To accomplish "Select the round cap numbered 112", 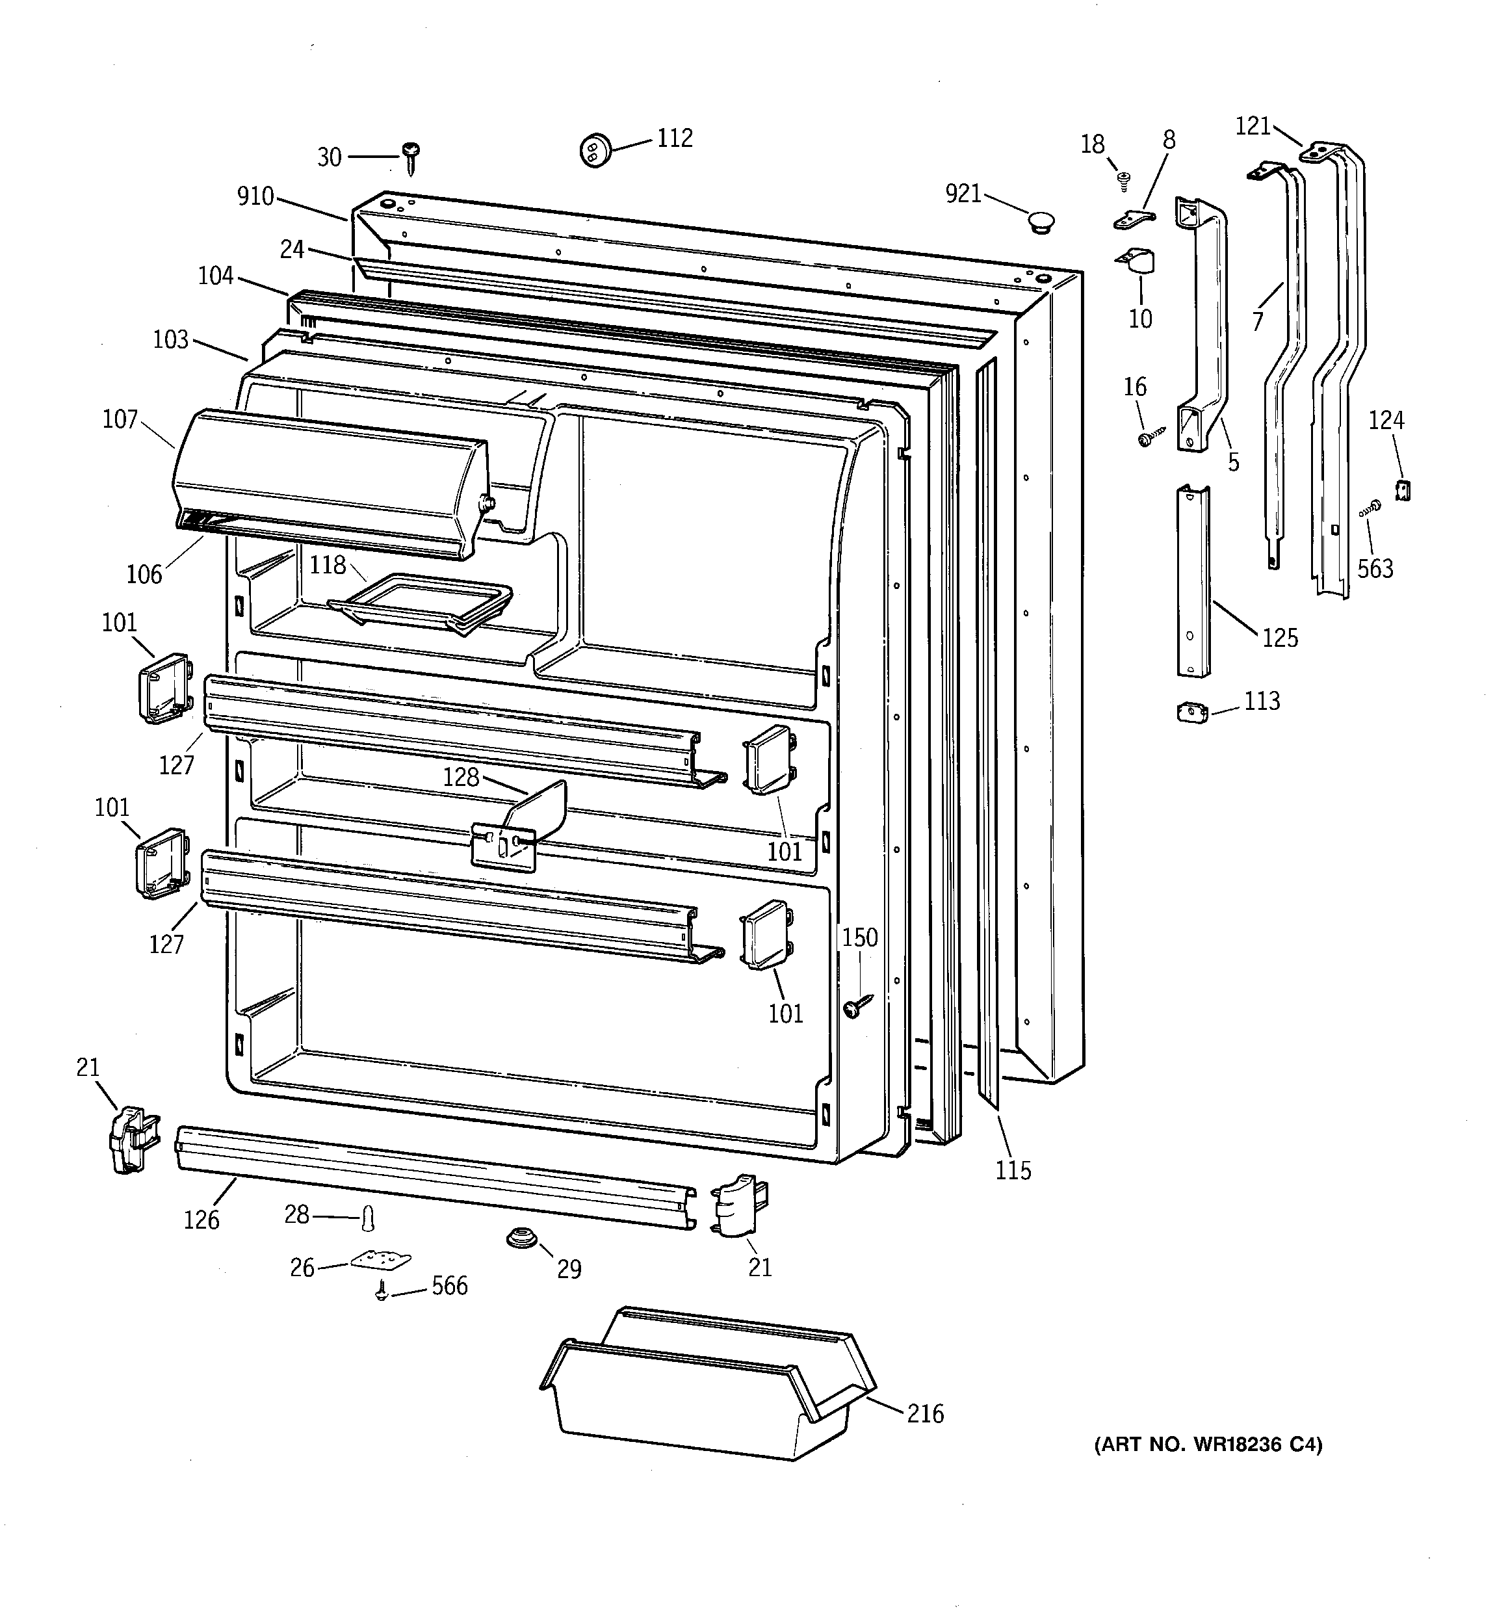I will click(594, 150).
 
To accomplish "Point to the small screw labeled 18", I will click(1123, 181).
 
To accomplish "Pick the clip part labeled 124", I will click(1403, 490).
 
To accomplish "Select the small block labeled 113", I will click(1191, 713).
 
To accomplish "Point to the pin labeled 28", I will click(369, 1216).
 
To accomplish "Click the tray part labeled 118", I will click(421, 602).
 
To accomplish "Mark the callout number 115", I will click(1013, 1170).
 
